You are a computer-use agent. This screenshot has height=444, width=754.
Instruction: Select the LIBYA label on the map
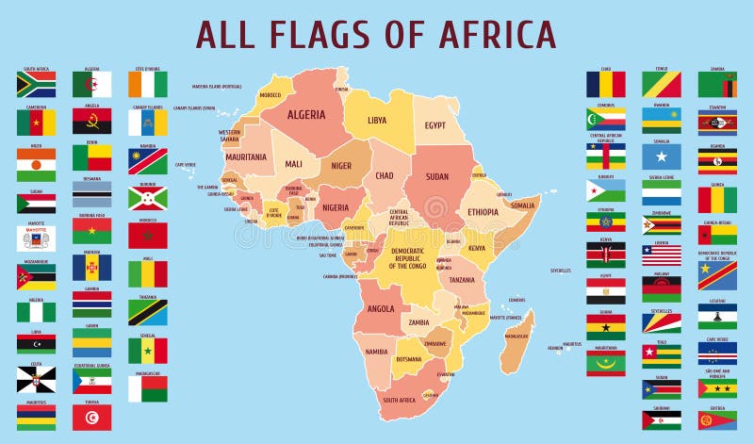coord(377,120)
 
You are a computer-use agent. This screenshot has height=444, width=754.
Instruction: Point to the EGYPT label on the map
coord(434,125)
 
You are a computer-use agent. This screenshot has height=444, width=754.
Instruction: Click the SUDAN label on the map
coord(437,176)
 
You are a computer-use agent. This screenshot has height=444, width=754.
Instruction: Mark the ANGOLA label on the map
coord(381,308)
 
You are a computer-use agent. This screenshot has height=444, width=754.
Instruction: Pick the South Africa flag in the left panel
coord(36,85)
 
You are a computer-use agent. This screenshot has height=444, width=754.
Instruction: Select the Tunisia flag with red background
coord(92,417)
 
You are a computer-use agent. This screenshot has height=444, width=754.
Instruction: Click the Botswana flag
coord(92,194)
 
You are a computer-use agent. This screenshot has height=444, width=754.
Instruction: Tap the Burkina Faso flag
coord(92,231)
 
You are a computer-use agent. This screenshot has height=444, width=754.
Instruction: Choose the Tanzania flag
coord(148,312)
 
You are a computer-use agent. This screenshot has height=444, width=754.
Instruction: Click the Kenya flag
coord(605,255)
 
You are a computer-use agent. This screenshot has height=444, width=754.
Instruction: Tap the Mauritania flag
coord(605,364)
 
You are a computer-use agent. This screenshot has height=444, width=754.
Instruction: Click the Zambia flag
coord(717,85)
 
